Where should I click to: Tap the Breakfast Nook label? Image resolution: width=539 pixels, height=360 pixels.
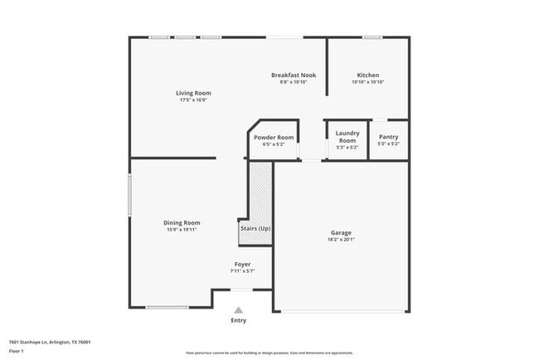[x=294, y=75]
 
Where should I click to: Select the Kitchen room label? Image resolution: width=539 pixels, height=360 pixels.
[x=368, y=75]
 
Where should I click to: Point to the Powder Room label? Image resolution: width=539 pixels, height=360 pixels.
[x=274, y=137]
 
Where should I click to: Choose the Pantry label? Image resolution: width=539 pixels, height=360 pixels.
[x=388, y=137]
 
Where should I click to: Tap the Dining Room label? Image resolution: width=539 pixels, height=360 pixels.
[x=182, y=222]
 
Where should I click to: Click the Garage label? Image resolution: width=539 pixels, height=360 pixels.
[x=341, y=233]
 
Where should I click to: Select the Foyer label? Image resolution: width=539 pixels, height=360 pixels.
[x=242, y=265]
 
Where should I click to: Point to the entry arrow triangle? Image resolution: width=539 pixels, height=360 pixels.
[x=238, y=310]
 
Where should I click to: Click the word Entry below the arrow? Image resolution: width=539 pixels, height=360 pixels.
[x=238, y=320]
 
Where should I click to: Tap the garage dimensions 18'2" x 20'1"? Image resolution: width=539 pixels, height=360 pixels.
[x=341, y=241]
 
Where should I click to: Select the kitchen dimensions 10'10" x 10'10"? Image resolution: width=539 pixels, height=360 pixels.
[x=368, y=82]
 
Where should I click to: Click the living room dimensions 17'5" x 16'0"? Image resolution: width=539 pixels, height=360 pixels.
[x=190, y=100]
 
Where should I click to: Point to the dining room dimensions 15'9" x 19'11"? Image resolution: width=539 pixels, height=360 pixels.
[x=182, y=230]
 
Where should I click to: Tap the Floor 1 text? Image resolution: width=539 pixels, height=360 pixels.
[x=17, y=351]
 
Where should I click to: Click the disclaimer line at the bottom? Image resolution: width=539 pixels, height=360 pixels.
[x=269, y=353]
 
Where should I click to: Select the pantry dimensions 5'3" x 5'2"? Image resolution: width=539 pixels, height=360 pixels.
[x=388, y=144]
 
